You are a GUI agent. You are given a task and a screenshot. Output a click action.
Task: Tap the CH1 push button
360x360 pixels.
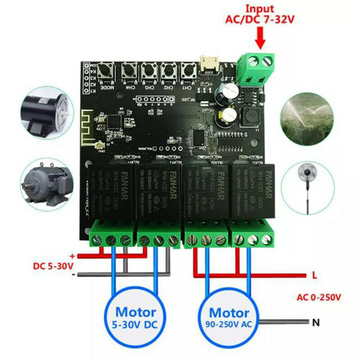tap(187, 71)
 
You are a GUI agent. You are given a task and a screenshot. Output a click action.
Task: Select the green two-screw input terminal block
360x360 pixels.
tap(256, 68)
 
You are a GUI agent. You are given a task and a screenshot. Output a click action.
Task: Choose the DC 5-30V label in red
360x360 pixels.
tap(53, 265)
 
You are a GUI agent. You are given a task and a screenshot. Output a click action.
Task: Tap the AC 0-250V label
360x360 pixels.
tap(319, 297)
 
